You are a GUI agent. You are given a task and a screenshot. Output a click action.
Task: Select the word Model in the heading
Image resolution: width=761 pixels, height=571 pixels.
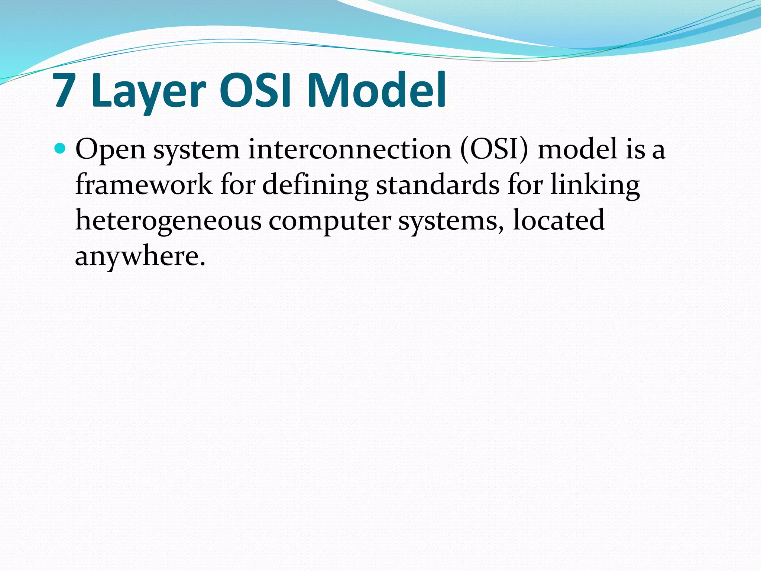[x=376, y=90]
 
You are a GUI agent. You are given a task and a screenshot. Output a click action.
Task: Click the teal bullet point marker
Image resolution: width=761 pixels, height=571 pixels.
[x=59, y=149]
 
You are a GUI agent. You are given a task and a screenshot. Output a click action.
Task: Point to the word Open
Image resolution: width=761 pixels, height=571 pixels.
[x=110, y=149]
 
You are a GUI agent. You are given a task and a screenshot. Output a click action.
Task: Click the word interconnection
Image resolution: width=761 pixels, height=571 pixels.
[x=349, y=149]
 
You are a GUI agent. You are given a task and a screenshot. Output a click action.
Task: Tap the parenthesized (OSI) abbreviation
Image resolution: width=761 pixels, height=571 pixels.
[x=494, y=149]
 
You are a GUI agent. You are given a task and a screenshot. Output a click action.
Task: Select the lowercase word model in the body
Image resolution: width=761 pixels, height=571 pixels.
[x=577, y=149]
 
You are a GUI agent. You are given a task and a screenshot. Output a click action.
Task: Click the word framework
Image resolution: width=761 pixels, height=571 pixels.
[x=143, y=185]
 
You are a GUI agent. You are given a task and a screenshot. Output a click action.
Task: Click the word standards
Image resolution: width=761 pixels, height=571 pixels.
[x=438, y=185]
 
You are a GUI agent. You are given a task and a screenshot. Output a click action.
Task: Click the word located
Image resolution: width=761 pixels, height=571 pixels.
[x=558, y=220]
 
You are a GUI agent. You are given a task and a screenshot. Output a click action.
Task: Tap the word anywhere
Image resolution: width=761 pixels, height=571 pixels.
[x=140, y=257]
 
